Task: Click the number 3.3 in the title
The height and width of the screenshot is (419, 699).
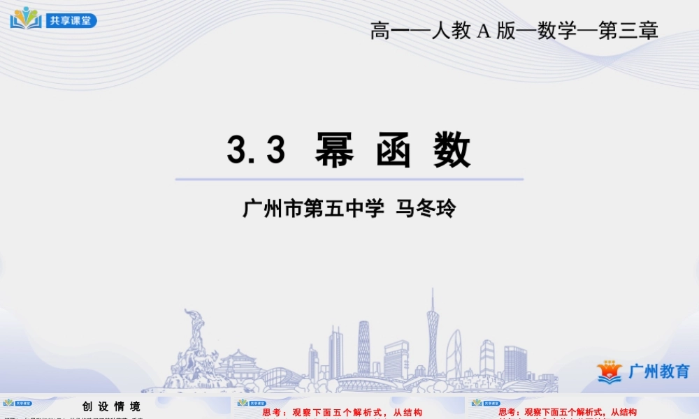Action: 256,149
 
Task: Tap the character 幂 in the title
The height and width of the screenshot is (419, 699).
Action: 334,149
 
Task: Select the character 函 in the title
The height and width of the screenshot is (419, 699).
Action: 393,149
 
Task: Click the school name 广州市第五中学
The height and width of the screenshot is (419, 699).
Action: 313,209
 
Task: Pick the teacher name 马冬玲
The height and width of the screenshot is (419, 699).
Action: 426,209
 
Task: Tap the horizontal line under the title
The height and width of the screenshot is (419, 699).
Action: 349,179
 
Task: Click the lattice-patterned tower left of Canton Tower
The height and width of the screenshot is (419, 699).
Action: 363,346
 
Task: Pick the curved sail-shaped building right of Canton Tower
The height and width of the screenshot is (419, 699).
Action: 454,353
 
